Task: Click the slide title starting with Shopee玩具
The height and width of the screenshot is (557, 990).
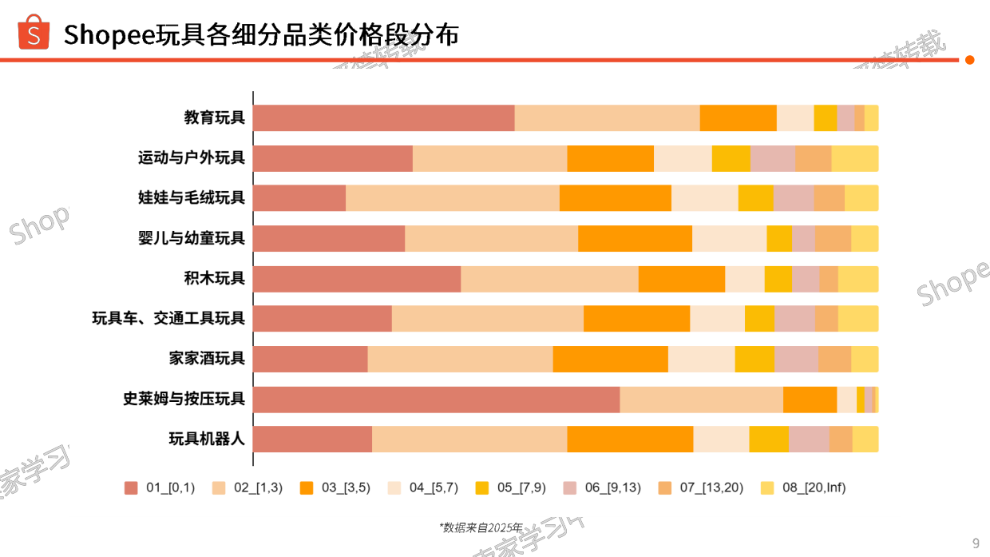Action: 261,35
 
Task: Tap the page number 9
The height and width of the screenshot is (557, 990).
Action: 976,543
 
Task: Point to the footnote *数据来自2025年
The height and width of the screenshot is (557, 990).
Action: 481,527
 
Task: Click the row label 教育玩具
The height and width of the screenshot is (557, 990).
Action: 214,117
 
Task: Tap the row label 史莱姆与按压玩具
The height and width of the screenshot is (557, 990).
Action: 184,399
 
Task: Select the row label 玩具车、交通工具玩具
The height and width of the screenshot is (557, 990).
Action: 168,318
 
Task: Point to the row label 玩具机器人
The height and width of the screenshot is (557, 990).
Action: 206,439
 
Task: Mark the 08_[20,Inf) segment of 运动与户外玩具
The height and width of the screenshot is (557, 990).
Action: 854,158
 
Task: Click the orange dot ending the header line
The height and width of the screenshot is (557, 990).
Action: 970,60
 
